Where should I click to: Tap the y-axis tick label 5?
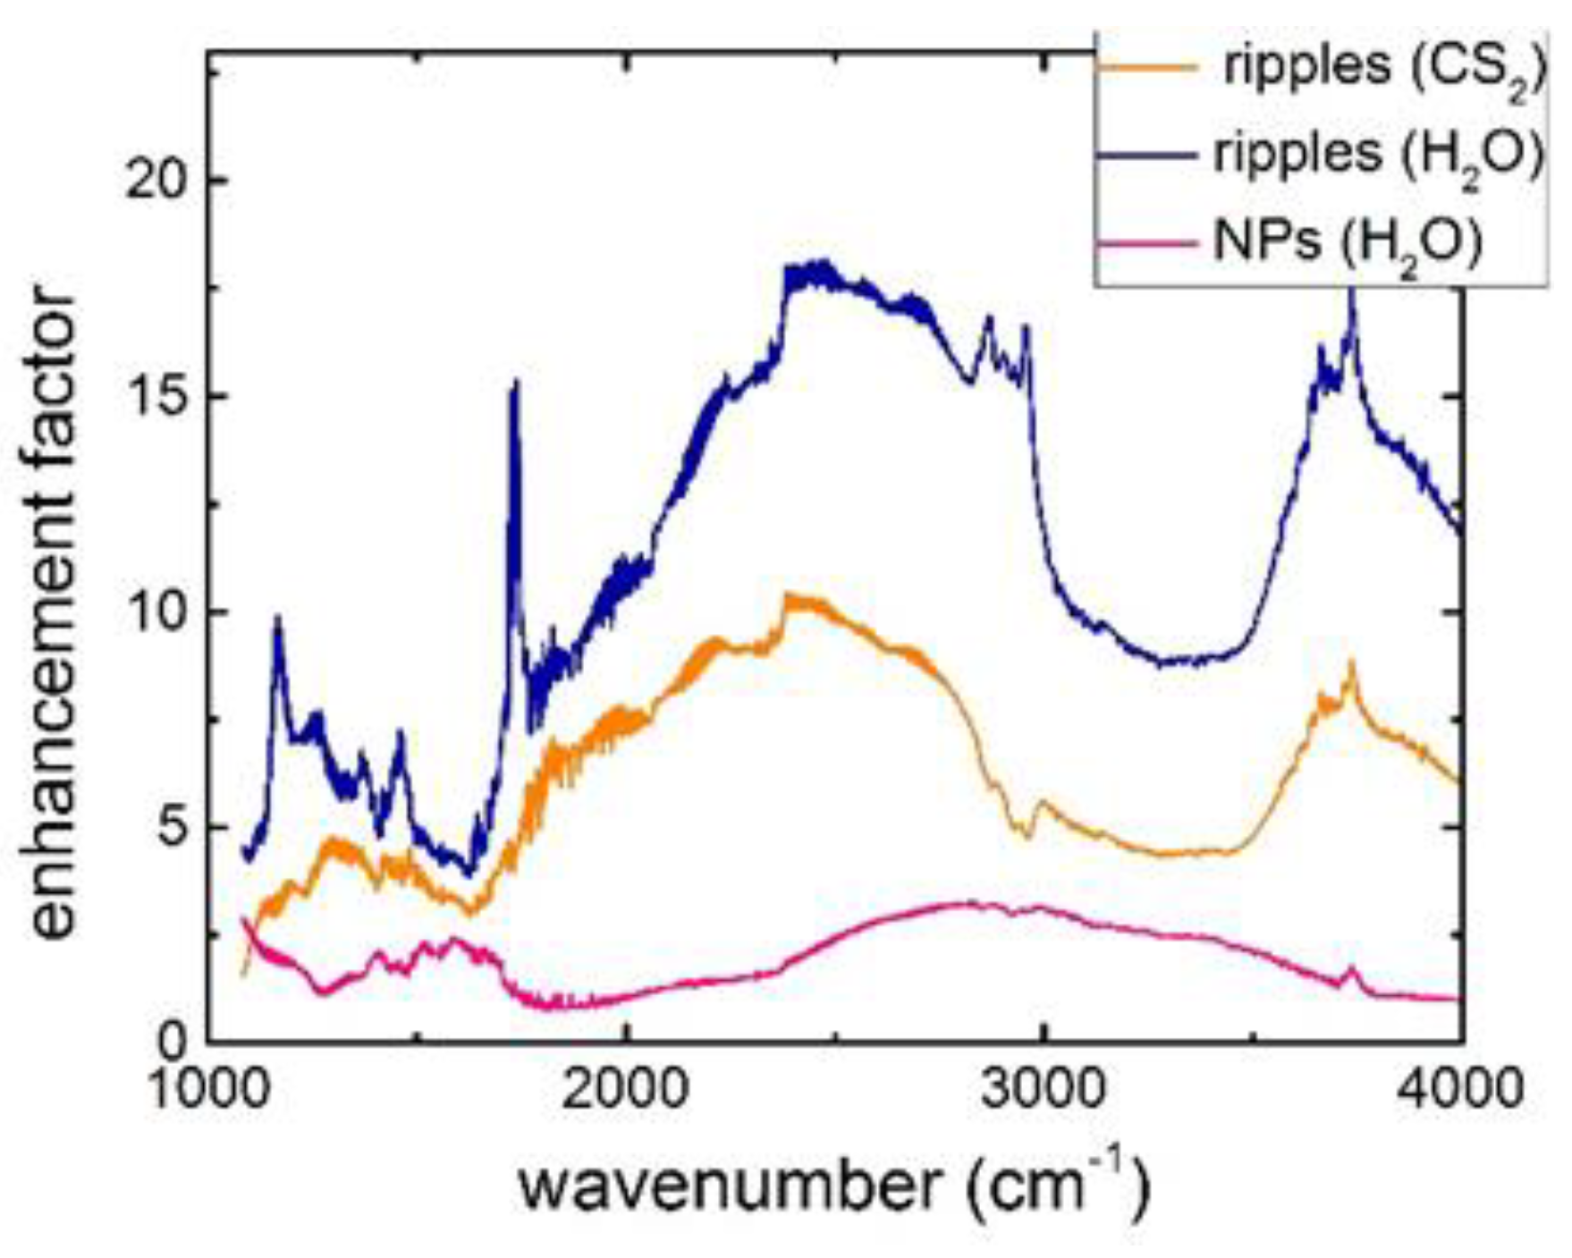click(x=175, y=828)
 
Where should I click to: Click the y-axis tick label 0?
click(x=175, y=1043)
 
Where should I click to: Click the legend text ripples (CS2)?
click(x=1382, y=69)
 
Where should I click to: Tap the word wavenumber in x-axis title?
click(x=729, y=1187)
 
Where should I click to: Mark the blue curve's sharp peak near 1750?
click(x=515, y=383)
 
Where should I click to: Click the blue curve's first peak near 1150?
click(x=278, y=617)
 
